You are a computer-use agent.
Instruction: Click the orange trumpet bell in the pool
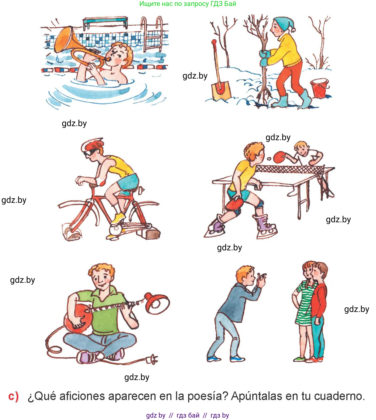[65, 39]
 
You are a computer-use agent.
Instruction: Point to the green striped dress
[305, 303]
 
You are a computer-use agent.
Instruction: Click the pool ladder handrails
[152, 34]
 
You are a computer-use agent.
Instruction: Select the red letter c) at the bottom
[14, 396]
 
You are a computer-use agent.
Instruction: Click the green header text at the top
[188, 4]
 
